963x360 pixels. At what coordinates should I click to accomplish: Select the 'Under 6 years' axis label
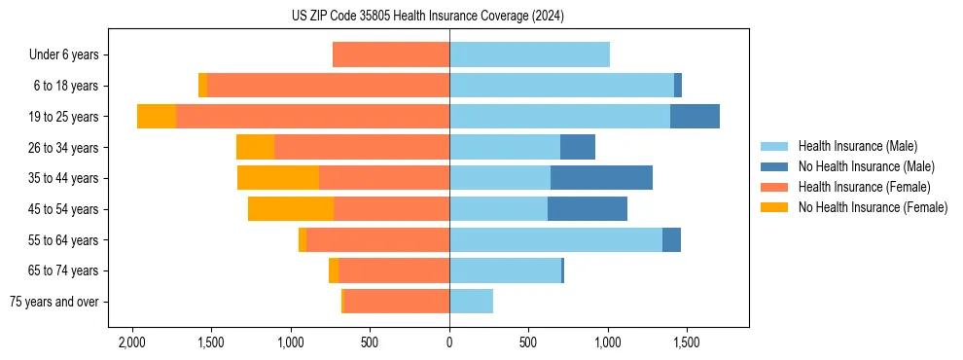[70, 54]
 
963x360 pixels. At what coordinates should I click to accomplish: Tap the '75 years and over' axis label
[53, 302]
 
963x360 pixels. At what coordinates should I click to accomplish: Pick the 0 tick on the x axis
[449, 343]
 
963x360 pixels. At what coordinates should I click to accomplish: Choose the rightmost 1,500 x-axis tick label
[686, 343]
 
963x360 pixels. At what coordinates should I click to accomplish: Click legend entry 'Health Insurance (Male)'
[857, 146]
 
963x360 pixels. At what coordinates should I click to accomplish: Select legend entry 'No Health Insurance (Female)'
[873, 207]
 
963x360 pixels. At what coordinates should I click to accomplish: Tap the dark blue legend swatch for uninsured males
[775, 166]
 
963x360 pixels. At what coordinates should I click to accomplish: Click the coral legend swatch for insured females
[775, 187]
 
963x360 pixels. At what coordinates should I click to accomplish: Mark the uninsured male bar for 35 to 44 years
[601, 178]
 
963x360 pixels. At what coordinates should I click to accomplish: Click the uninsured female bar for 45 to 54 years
[291, 209]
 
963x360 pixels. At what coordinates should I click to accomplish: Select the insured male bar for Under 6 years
[529, 54]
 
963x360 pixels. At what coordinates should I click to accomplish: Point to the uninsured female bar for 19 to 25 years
[157, 117]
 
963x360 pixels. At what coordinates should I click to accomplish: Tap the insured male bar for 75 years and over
[471, 302]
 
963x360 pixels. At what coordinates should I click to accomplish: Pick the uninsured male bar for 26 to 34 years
[578, 147]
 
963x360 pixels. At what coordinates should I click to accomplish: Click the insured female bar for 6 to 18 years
[328, 86]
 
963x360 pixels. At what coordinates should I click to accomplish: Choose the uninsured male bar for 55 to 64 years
[671, 239]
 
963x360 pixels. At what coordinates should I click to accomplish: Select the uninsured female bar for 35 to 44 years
[278, 178]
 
